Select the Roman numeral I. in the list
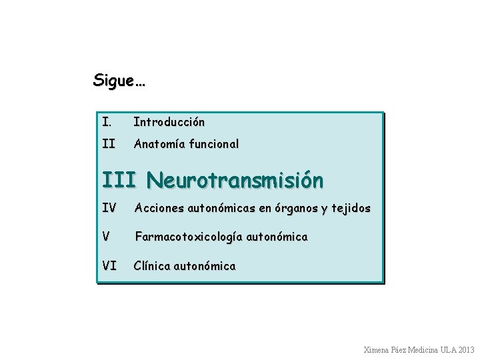(x=107, y=122)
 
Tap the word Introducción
(x=169, y=122)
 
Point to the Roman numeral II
(x=109, y=143)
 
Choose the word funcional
(x=215, y=143)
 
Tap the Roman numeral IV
(x=111, y=209)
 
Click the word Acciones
(x=159, y=209)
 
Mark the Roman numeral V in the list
(x=107, y=237)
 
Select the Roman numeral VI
(x=111, y=266)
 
